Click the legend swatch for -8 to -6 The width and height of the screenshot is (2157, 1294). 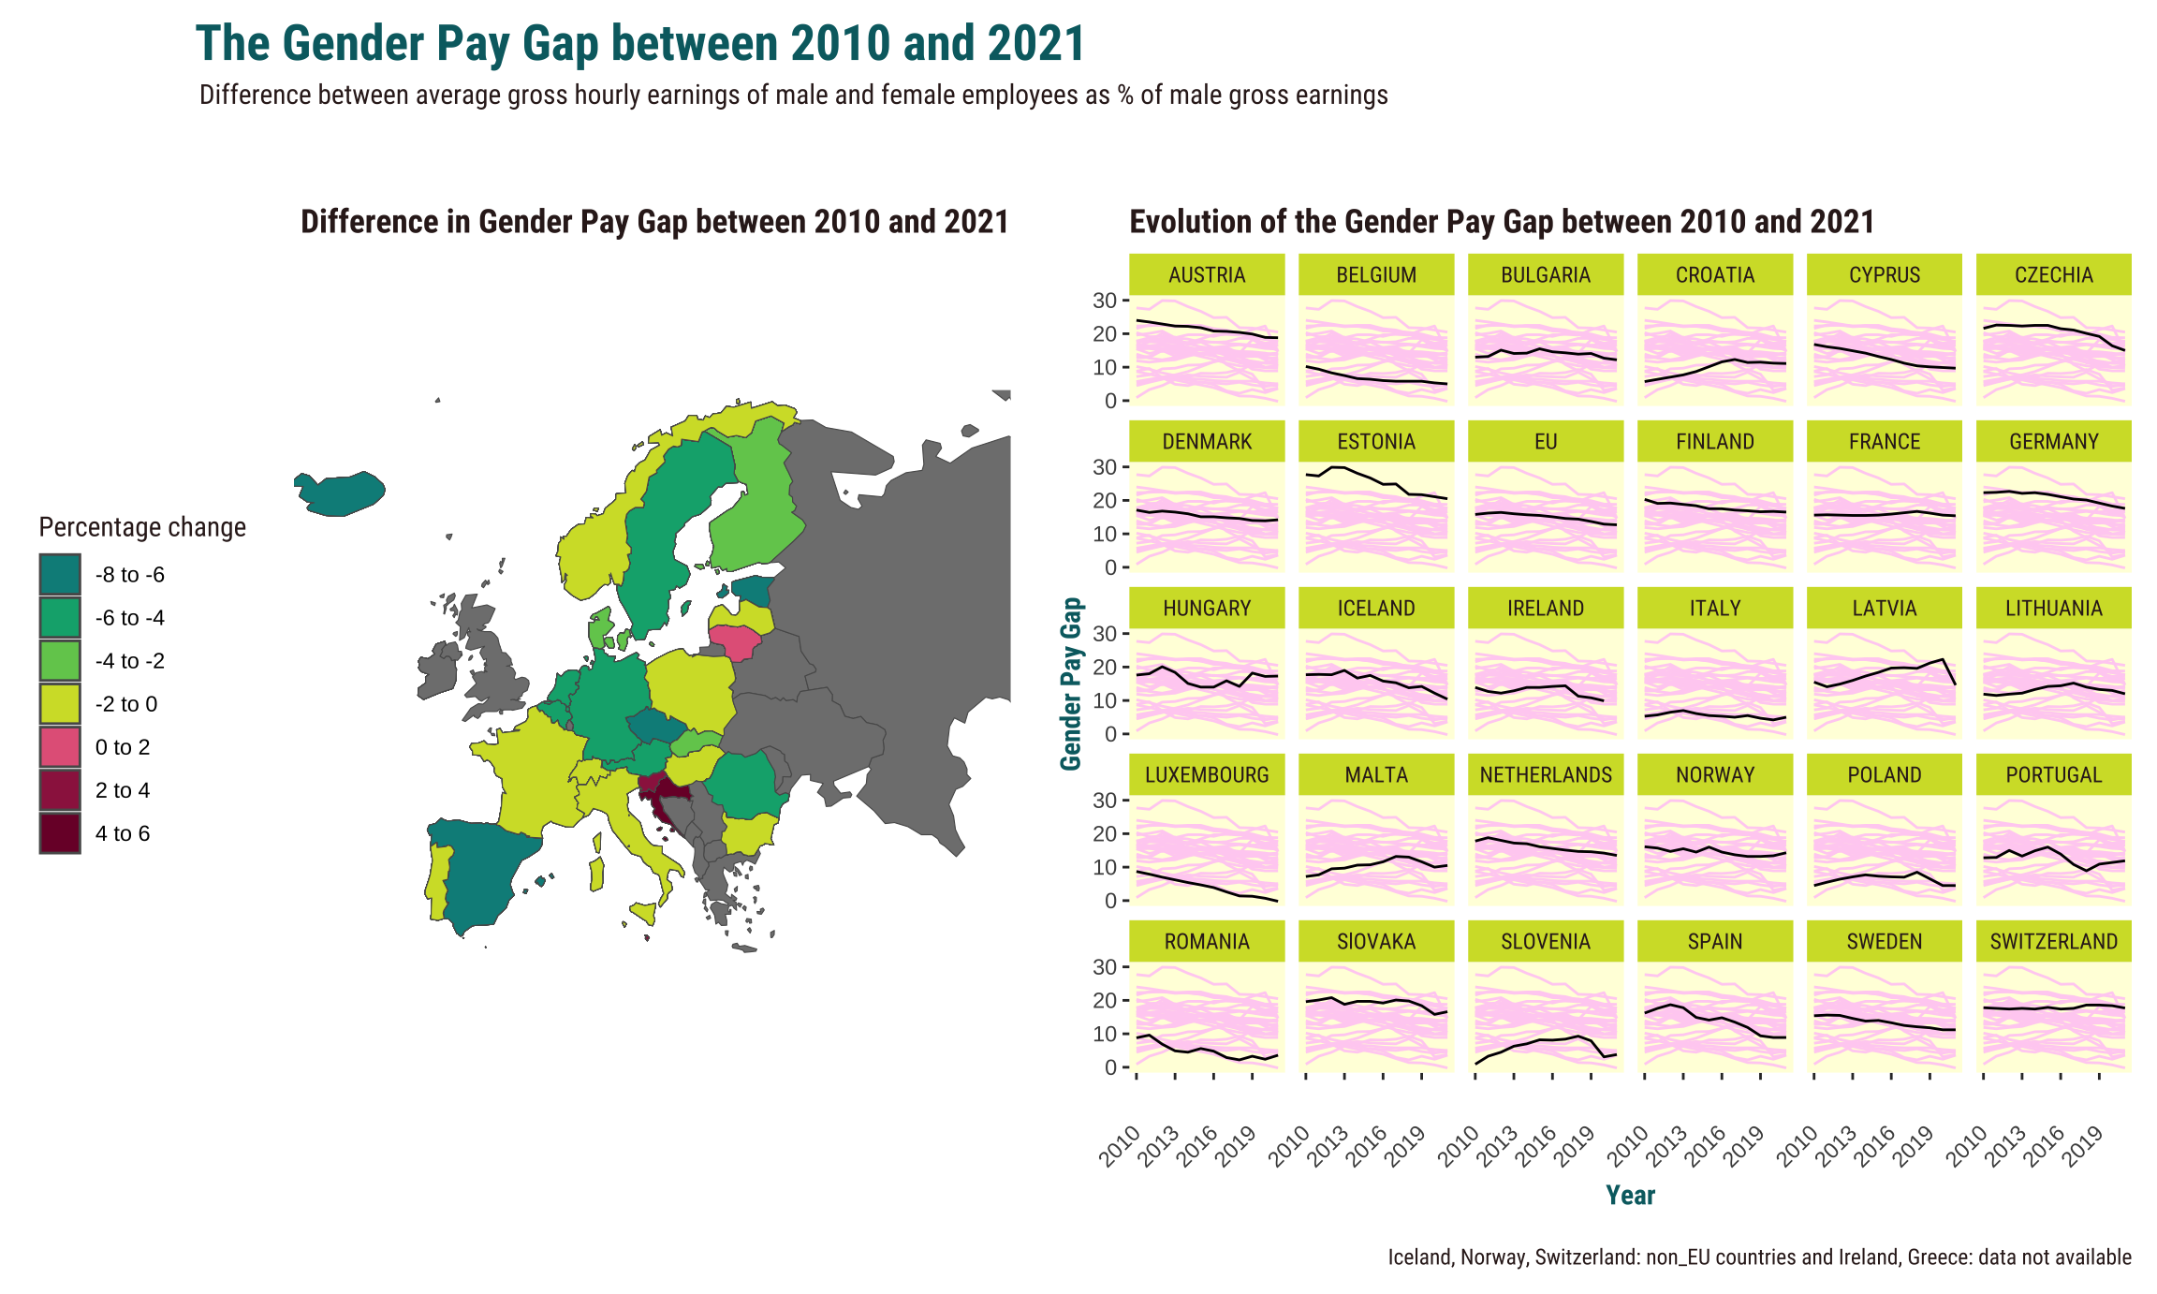click(60, 575)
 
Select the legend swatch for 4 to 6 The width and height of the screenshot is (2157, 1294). click(60, 833)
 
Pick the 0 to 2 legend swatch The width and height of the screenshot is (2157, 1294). click(60, 747)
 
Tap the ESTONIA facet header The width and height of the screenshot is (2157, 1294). click(1375, 442)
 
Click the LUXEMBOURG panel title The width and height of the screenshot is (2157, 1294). click(1206, 775)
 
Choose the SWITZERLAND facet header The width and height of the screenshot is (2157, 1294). click(2053, 942)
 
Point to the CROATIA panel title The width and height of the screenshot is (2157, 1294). click(1714, 275)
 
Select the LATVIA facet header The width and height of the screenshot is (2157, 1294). click(1884, 609)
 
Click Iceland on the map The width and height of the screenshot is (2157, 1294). click(342, 493)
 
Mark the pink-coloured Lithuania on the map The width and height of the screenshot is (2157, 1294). click(736, 642)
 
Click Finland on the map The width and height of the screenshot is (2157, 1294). click(755, 506)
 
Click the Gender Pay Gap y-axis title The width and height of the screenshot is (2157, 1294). click(1071, 684)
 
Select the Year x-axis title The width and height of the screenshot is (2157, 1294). click(1630, 1196)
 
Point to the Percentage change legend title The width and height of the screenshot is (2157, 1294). click(142, 528)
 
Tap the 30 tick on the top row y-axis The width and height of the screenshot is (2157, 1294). click(1105, 301)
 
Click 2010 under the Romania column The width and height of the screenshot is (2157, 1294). click(1121, 1147)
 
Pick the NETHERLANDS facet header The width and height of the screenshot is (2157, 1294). click(1545, 775)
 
